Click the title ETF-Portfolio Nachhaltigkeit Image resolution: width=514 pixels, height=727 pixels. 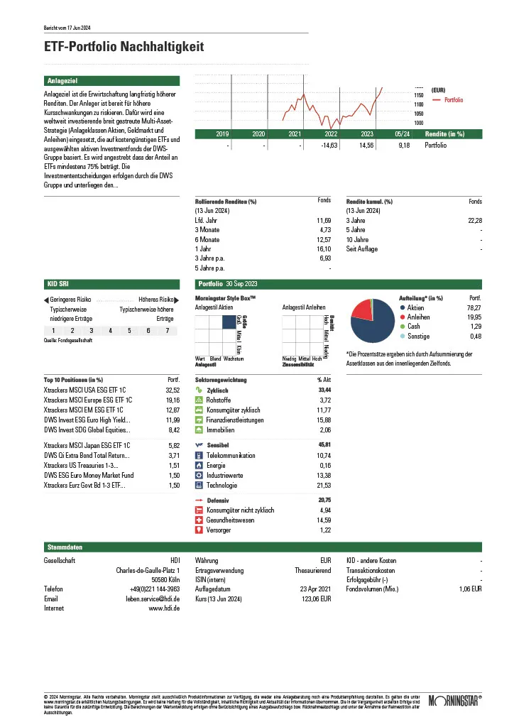(124, 47)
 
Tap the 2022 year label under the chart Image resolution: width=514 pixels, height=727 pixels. (331, 133)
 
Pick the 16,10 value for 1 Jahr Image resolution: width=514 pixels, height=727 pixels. (324, 249)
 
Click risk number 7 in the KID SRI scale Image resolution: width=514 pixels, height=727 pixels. (167, 331)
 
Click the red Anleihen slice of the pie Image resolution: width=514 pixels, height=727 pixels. (361, 311)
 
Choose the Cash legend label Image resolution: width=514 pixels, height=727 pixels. (414, 327)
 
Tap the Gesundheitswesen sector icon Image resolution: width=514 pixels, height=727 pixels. (199, 520)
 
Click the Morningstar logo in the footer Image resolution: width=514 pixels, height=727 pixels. (447, 702)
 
